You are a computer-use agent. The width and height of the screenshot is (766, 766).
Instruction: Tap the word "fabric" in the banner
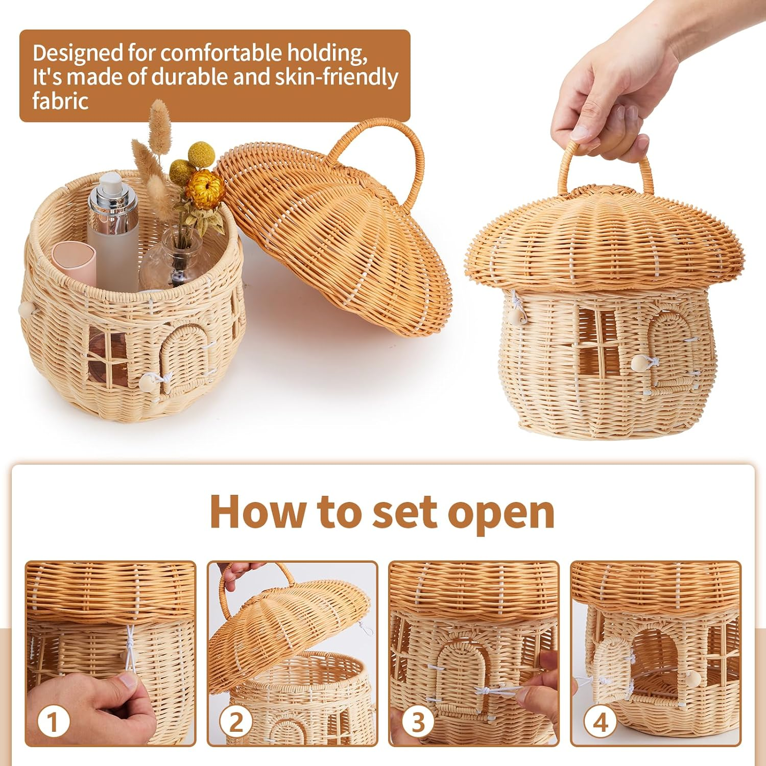click(60, 101)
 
